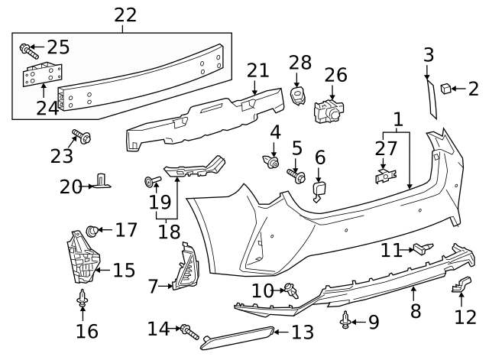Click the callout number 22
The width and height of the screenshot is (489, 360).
pyautogui.click(x=125, y=15)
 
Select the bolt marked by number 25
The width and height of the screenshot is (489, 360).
pyautogui.click(x=27, y=51)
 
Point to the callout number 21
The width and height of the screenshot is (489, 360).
pyautogui.click(x=258, y=70)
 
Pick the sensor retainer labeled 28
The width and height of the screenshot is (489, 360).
pyautogui.click(x=297, y=96)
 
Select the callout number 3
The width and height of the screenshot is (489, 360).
pyautogui.click(x=429, y=54)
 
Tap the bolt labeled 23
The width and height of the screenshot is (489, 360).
pyautogui.click(x=82, y=138)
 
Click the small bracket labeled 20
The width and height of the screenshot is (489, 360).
pyautogui.click(x=101, y=182)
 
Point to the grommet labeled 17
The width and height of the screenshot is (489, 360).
pyautogui.click(x=91, y=229)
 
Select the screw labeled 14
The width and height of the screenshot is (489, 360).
pyautogui.click(x=189, y=332)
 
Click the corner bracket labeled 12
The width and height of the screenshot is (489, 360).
pyautogui.click(x=461, y=284)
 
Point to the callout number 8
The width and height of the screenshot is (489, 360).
pyautogui.click(x=416, y=311)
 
